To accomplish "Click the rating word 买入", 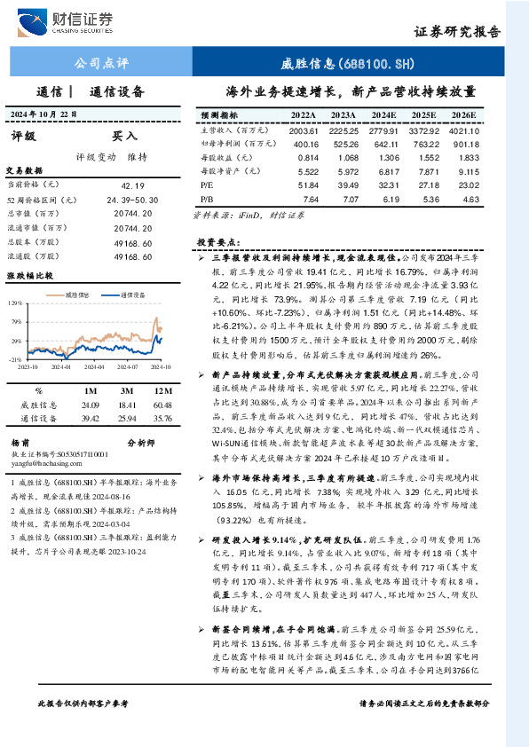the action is point(123,136).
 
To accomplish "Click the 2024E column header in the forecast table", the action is point(383,115).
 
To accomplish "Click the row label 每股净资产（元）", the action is point(229,170).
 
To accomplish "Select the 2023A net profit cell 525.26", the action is point(343,143).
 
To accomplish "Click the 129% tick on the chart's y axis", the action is point(17,303).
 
